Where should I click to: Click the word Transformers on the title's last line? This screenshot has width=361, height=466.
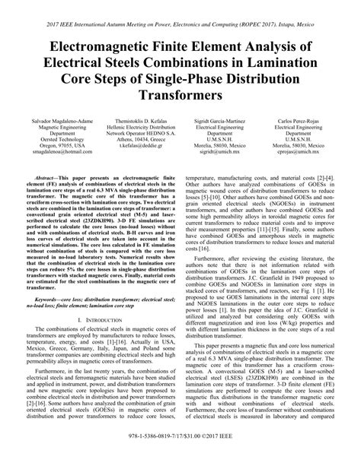click(180, 97)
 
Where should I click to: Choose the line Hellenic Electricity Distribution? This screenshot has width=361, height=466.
click(136, 128)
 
